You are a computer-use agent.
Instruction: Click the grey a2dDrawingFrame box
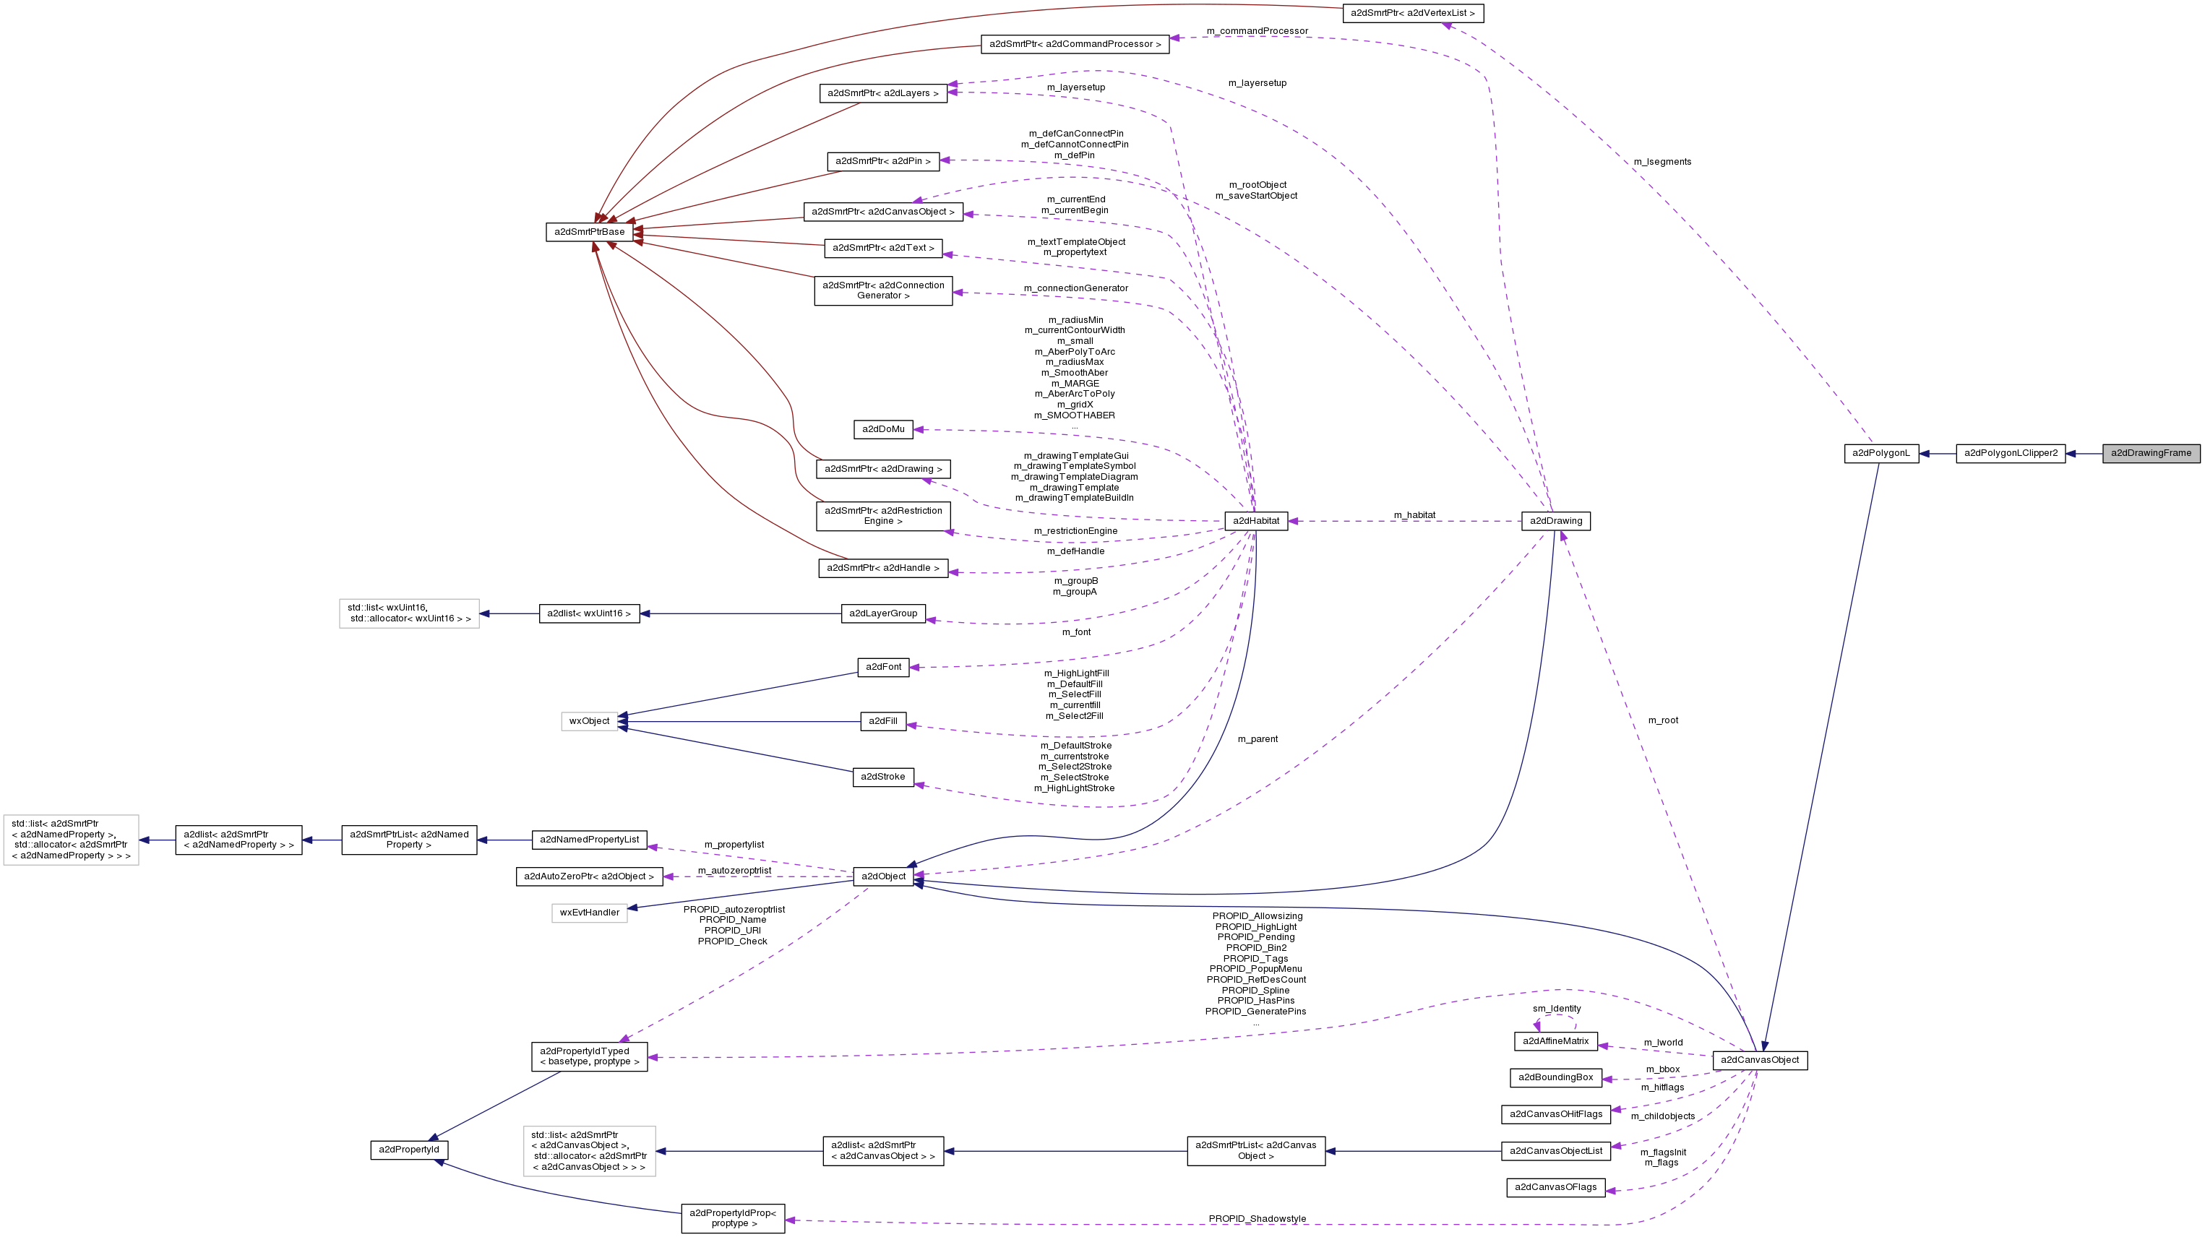point(2150,453)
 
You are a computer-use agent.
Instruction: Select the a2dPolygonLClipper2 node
point(2010,453)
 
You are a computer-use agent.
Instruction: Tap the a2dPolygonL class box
point(1881,453)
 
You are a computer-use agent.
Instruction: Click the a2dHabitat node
point(1256,520)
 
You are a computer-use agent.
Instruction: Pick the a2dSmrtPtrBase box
point(589,232)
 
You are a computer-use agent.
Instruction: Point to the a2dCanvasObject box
point(1759,1060)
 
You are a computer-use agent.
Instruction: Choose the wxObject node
point(589,721)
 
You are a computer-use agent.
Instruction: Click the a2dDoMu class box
point(882,429)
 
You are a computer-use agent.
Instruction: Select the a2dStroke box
point(882,777)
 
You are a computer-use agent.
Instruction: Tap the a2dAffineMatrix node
point(1555,1041)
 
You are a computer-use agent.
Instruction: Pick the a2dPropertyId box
point(408,1149)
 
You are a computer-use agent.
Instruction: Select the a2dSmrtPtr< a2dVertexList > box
point(1411,13)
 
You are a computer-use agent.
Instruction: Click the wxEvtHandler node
point(589,913)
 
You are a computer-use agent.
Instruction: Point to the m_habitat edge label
point(1414,515)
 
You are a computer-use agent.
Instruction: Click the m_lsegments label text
point(1662,162)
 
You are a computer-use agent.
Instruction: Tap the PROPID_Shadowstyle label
point(1257,1218)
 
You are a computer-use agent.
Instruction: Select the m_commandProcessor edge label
point(1257,31)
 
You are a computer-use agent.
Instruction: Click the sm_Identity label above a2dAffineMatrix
point(1556,1009)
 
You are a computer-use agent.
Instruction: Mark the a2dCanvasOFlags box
point(1555,1186)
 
